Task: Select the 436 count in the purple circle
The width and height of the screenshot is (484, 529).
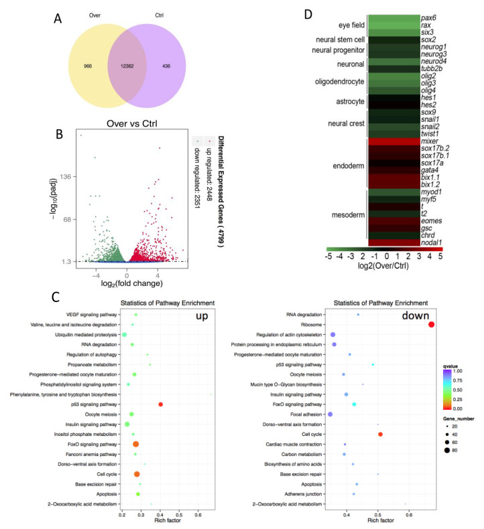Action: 163,67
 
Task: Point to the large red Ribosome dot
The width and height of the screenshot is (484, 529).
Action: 431,325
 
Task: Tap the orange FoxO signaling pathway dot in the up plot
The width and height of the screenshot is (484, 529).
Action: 137,444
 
